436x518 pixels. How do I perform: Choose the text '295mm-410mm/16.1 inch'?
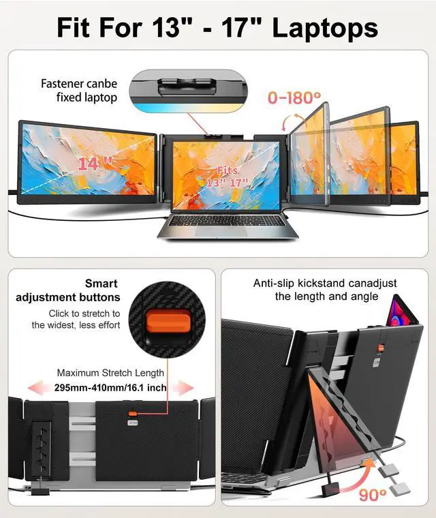click(x=110, y=388)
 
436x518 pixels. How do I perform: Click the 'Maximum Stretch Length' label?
click(x=110, y=373)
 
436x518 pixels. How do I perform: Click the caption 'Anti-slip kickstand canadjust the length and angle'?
click(x=325, y=290)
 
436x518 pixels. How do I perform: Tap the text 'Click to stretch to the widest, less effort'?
click(x=76, y=319)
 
